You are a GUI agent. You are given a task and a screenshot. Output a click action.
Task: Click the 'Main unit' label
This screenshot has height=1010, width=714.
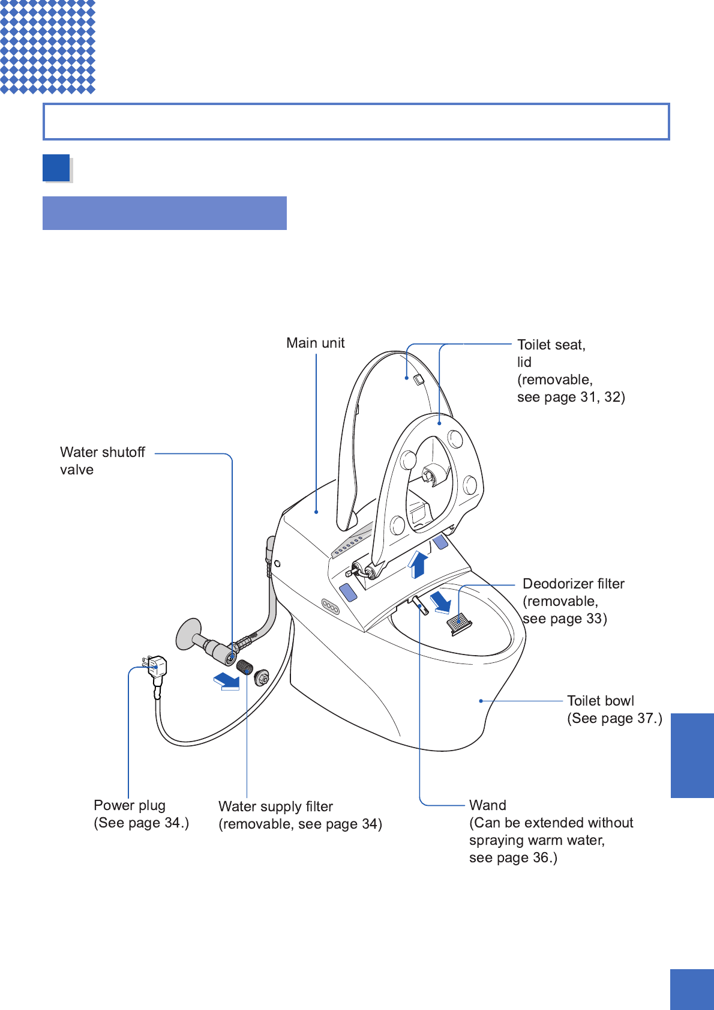point(316,343)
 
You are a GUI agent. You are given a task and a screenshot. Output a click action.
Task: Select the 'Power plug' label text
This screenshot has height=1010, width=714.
point(130,806)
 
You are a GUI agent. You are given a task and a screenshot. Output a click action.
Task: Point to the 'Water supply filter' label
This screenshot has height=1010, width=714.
point(275,807)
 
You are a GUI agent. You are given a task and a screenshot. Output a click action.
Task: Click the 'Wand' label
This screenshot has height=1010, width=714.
point(488,806)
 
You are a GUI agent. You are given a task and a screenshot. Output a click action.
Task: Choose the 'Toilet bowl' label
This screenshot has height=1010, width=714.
point(601,701)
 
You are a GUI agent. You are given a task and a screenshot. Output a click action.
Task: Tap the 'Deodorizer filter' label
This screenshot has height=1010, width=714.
point(574,584)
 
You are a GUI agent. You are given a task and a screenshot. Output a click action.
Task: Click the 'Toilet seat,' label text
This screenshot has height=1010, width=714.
point(551,345)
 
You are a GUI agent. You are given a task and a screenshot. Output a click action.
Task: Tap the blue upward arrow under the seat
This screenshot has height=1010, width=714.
point(418,564)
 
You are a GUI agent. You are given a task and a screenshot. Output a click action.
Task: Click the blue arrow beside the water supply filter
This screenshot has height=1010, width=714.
point(226,681)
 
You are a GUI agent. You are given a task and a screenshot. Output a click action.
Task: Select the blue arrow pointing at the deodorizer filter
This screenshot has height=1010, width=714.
point(442,602)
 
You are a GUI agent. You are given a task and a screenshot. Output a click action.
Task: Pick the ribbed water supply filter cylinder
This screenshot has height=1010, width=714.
point(245,667)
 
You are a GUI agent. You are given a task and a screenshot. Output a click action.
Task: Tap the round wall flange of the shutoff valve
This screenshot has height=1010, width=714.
point(188,634)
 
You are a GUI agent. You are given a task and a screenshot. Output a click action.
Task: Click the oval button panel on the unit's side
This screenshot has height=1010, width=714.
point(331,606)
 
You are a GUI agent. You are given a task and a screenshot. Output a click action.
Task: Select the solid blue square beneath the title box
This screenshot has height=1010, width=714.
point(56,168)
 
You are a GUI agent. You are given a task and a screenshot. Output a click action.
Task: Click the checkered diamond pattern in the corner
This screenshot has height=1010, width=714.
point(47,46)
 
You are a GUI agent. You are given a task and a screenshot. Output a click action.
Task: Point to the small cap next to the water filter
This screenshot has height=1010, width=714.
point(262,678)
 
